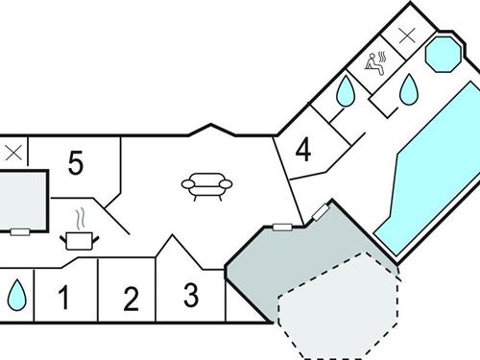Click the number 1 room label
pyautogui.click(x=64, y=298)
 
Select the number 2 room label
pyautogui.click(x=131, y=299)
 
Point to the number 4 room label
pyautogui.click(x=303, y=151)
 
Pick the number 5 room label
pyautogui.click(x=76, y=163)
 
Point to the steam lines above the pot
pyautogui.click(x=83, y=215)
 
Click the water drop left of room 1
pyautogui.click(x=16, y=294)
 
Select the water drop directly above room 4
pyautogui.click(x=345, y=91)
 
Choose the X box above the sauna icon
pyautogui.click(x=408, y=35)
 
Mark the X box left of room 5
pyautogui.click(x=13, y=152)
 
